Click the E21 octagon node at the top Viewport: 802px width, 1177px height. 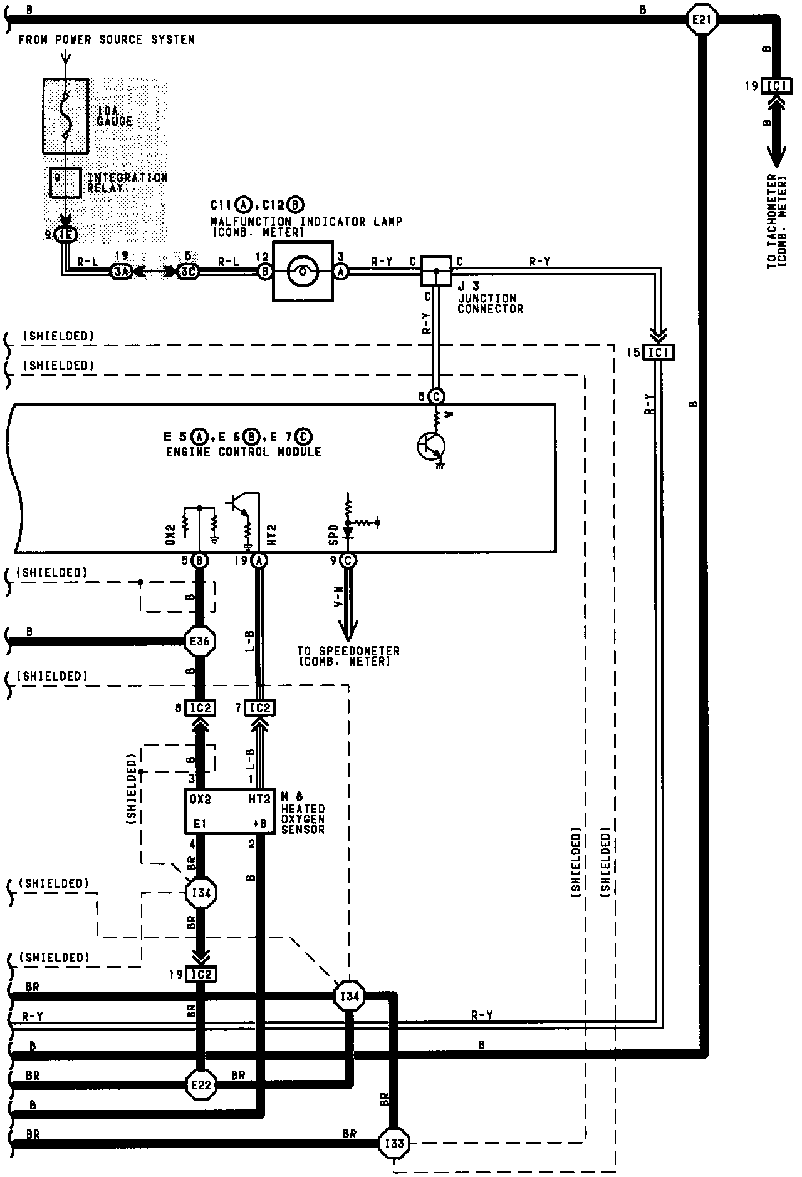(701, 20)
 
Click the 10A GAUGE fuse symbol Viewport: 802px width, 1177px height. (65, 116)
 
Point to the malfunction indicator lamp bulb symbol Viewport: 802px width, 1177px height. (303, 271)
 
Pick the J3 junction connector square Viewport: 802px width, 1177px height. (436, 271)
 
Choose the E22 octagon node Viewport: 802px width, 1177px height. (201, 1085)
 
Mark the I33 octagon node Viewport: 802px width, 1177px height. (394, 1144)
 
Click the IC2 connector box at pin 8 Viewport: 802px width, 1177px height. (200, 708)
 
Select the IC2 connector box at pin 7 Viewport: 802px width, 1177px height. (259, 708)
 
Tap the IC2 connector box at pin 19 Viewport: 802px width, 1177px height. (201, 975)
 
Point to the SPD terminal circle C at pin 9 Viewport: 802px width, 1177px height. (348, 561)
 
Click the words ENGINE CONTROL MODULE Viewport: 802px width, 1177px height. (244, 452)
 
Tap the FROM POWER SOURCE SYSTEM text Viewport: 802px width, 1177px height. (107, 40)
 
